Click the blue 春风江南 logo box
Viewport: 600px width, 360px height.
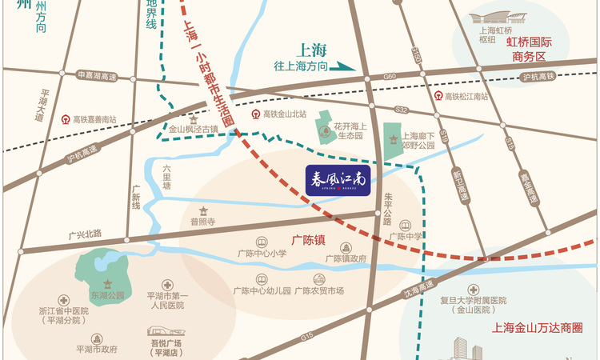point(337,179)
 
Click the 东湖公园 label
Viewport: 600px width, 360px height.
point(108,294)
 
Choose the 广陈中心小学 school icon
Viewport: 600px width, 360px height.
point(261,242)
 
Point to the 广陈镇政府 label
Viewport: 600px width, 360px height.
point(346,258)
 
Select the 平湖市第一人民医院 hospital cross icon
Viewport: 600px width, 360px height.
point(166,285)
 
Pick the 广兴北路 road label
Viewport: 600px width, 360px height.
point(86,234)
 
